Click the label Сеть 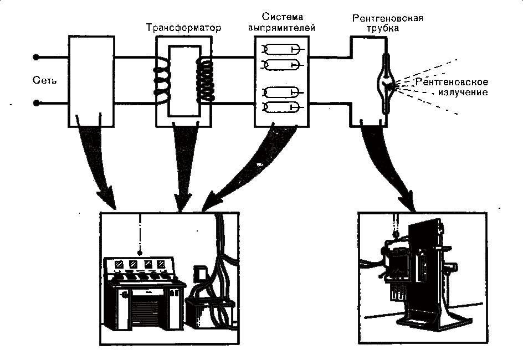point(45,81)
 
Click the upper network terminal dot point(37,56)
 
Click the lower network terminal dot point(37,103)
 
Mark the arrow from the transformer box point(182,166)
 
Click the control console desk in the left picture point(143,299)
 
